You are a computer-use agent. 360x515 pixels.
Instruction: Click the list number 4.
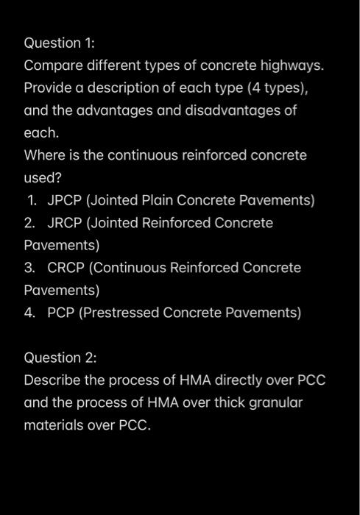pos(29,313)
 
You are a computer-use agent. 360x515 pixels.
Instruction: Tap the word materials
pos(54,425)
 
